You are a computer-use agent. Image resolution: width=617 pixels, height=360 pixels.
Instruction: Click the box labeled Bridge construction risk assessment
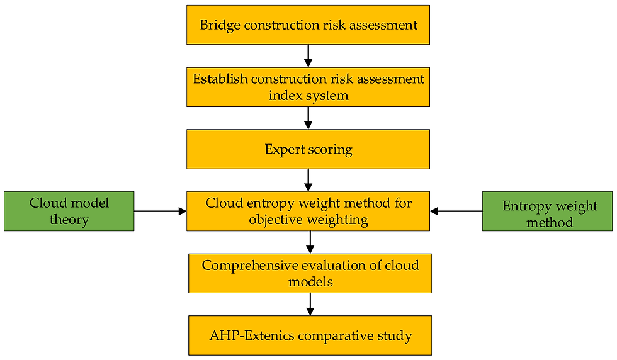pos(308,25)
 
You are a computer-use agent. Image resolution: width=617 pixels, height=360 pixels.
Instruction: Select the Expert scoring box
pos(308,149)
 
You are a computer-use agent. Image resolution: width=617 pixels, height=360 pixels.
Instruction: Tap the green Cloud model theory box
pos(69,211)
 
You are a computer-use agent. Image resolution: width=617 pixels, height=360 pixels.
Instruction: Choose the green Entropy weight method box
pos(547,211)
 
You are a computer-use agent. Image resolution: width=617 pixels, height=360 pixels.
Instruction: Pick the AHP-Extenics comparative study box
pos(310,335)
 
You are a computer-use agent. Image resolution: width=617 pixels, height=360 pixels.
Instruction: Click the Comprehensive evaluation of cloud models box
pos(310,273)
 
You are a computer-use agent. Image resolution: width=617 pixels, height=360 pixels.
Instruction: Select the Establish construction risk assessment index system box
pos(308,87)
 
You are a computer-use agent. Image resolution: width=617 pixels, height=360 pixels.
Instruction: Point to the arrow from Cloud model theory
pos(160,211)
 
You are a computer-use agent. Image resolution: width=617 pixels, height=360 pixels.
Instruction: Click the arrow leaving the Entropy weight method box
pos(456,211)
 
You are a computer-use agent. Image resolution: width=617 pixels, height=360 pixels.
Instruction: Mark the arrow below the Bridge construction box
pos(308,56)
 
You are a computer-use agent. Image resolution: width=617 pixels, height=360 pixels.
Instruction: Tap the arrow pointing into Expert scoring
pos(308,118)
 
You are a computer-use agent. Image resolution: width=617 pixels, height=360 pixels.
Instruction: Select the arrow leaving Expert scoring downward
pos(308,180)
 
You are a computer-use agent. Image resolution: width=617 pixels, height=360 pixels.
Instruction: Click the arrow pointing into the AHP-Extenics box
pos(310,304)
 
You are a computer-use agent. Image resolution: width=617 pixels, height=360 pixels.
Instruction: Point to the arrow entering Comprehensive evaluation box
pos(310,242)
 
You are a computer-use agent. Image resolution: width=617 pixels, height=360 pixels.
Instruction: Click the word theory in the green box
pos(69,220)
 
